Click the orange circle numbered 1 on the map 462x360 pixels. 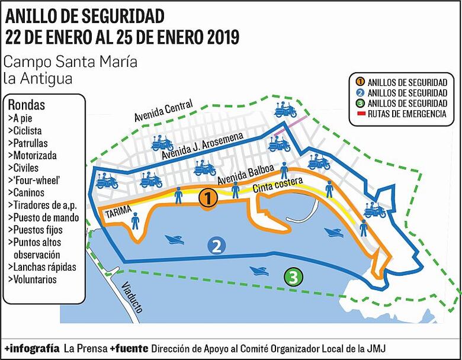[x=207, y=198]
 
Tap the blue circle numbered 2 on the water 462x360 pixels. [x=217, y=246]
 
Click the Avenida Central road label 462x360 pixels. [x=164, y=110]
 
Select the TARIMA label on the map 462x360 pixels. [x=117, y=213]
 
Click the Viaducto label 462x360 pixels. [x=130, y=297]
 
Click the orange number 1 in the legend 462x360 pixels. [x=359, y=82]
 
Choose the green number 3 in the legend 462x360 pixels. [x=359, y=104]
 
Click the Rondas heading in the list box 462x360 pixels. [x=27, y=105]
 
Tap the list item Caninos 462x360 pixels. [x=27, y=192]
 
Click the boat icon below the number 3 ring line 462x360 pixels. [x=259, y=271]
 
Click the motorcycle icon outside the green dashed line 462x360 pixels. [x=285, y=110]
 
